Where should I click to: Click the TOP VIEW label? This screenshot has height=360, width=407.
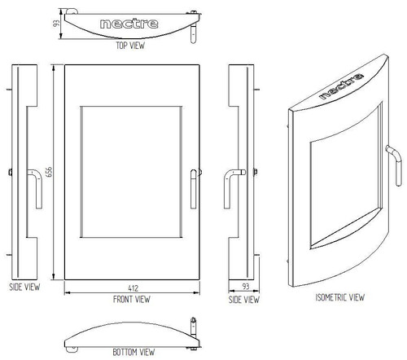130,46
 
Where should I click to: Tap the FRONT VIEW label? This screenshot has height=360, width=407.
132,299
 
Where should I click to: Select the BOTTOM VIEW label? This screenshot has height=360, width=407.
133,352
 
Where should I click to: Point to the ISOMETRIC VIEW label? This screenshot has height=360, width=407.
340,297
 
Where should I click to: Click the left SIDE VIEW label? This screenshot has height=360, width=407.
24,287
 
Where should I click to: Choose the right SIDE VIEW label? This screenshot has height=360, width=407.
244,300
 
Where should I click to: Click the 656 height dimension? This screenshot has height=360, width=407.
49,172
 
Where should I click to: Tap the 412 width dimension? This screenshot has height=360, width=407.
133,288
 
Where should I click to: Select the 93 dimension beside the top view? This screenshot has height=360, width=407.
56,24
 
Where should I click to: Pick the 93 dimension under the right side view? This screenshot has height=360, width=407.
246,286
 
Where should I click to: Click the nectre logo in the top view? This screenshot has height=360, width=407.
129,24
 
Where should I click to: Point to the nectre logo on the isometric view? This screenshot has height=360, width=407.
341,86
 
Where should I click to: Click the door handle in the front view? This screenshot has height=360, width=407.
194,189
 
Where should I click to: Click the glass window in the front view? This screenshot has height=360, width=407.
131,172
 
